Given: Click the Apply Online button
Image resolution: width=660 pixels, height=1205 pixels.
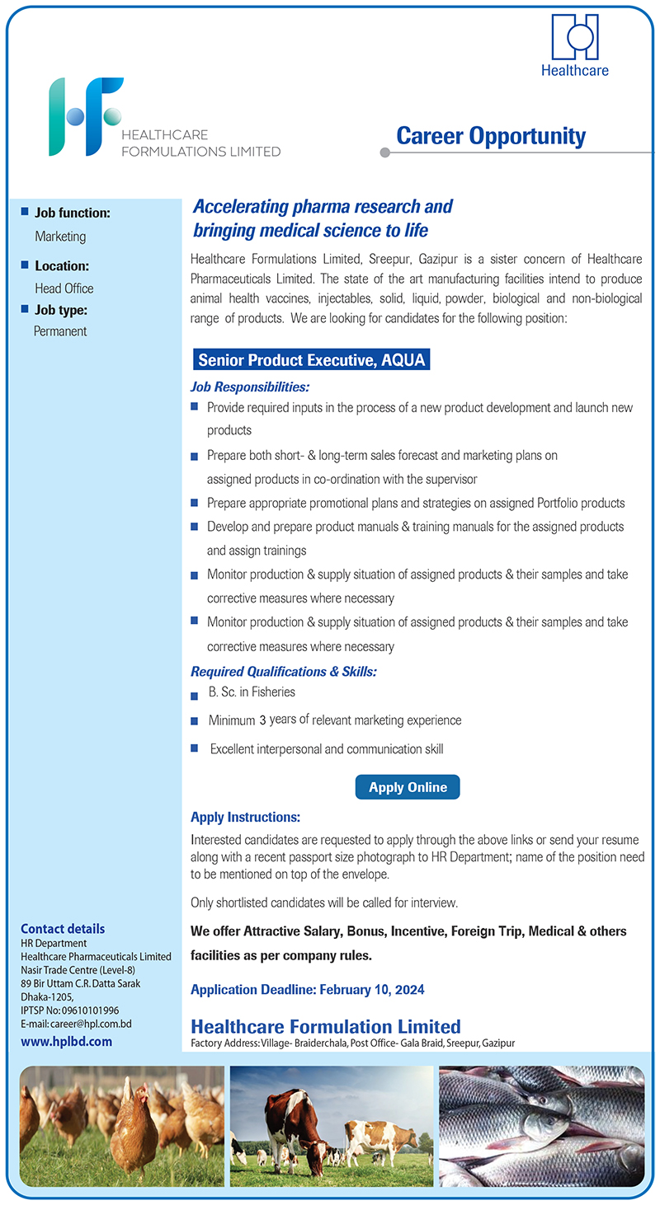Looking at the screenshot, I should [408, 787].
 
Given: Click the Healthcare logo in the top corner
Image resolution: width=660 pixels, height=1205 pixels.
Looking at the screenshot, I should [575, 46].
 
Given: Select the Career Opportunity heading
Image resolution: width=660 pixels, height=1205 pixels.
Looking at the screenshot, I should [491, 136].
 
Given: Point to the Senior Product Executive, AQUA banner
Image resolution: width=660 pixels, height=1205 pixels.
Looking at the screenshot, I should [313, 360].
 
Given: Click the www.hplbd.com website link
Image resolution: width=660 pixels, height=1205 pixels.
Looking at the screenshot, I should [66, 1041].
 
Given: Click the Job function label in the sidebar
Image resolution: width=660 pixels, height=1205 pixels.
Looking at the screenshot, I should [72, 213].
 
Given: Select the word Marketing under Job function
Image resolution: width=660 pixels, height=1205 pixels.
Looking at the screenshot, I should [60, 237].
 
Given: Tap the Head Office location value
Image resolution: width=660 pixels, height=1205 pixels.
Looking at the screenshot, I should [64, 288].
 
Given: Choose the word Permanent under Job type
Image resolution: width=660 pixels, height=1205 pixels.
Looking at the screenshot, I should [60, 331].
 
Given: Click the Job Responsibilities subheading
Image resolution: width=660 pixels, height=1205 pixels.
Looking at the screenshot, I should [250, 387].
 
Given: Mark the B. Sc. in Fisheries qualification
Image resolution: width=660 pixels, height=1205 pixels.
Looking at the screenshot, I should [252, 692].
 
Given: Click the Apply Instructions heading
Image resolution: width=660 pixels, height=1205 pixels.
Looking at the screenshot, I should [245, 818].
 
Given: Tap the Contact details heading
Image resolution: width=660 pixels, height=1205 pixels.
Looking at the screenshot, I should [63, 929].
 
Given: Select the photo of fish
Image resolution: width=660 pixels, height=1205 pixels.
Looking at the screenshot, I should [541, 1126].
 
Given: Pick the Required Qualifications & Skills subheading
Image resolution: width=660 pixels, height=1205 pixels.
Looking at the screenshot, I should [284, 672].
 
